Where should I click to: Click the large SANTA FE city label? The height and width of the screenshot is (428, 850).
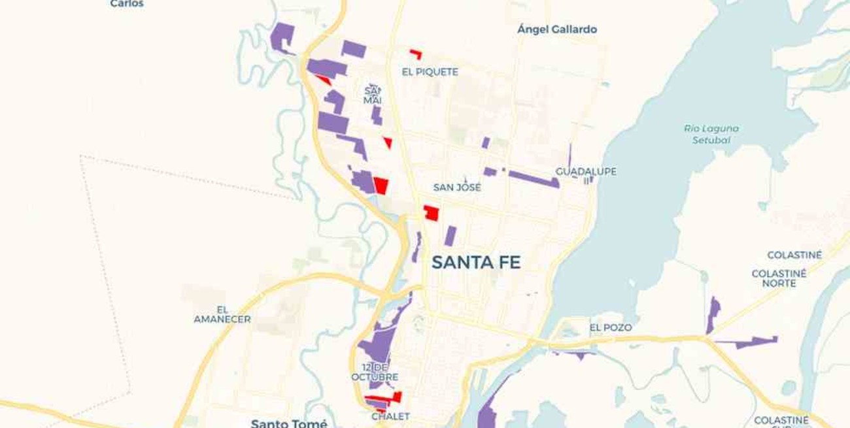[x=476, y=263]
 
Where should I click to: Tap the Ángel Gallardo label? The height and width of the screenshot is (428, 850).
[x=556, y=29]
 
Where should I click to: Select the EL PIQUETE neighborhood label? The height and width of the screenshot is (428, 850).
[x=430, y=72]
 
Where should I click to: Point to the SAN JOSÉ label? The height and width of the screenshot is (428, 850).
[x=457, y=188]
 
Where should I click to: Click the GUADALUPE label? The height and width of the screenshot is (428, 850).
[x=586, y=172]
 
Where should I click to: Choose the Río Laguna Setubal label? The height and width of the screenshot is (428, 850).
[x=711, y=134]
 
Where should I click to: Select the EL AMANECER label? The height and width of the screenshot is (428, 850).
[x=222, y=314]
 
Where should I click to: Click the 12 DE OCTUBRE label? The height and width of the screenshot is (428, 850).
[x=375, y=372]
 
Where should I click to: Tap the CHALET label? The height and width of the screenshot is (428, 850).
[x=390, y=416]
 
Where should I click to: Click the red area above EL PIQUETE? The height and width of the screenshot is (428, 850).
[x=416, y=54]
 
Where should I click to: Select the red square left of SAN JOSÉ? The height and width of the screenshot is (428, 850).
[x=381, y=185]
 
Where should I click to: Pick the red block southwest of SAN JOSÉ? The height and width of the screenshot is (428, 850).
[x=431, y=213]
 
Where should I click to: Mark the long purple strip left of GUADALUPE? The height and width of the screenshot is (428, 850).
[x=533, y=178]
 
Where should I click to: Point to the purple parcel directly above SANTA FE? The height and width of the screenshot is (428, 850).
[x=450, y=235]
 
